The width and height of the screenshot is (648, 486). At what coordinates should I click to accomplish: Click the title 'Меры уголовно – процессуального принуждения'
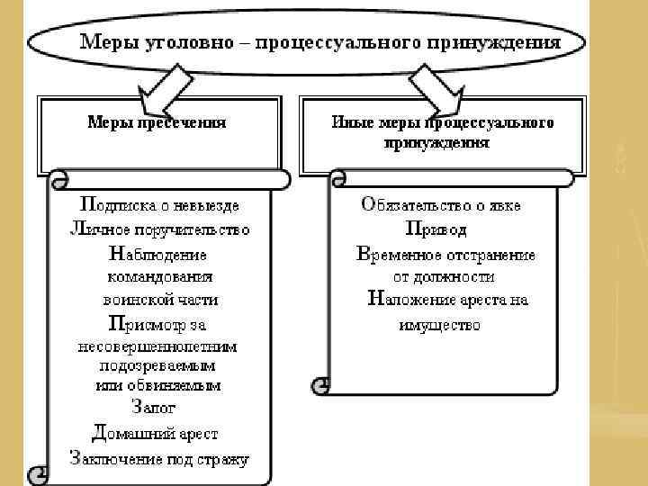point(319,42)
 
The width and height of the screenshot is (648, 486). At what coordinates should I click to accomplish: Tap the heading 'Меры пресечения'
point(156,122)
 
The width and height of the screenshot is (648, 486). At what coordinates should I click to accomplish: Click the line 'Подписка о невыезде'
point(159,205)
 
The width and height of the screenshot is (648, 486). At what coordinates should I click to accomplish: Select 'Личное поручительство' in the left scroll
point(159,229)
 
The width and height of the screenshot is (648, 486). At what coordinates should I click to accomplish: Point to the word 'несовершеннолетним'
point(157,346)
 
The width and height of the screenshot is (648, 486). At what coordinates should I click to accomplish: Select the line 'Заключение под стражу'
point(159,458)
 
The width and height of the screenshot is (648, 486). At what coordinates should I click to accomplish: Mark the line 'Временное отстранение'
point(445,254)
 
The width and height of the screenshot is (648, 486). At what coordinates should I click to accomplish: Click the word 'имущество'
point(438,324)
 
